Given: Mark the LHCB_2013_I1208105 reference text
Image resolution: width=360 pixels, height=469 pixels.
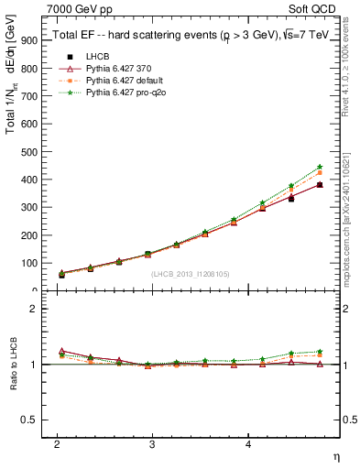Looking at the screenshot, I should pos(191,274).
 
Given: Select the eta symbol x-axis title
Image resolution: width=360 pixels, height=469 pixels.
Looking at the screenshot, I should pos(335,455).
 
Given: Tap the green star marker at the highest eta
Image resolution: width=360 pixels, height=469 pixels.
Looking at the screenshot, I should pos(320,167).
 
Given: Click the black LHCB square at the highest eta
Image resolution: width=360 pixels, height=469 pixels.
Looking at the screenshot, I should pos(320,184).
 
